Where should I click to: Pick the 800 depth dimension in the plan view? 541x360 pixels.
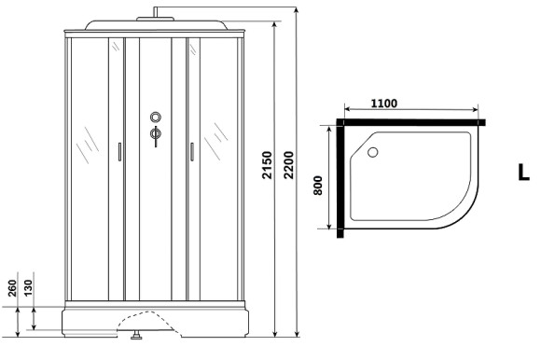pos(318,185)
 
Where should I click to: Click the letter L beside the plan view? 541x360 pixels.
pos(523,172)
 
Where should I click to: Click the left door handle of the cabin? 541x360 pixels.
pos(119,151)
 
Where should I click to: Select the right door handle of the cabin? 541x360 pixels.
pos(190,151)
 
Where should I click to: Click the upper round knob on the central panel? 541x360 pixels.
pos(155,118)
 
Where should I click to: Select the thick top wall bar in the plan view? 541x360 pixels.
pos(410,122)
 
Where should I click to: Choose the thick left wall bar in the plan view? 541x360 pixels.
pos(340,177)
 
